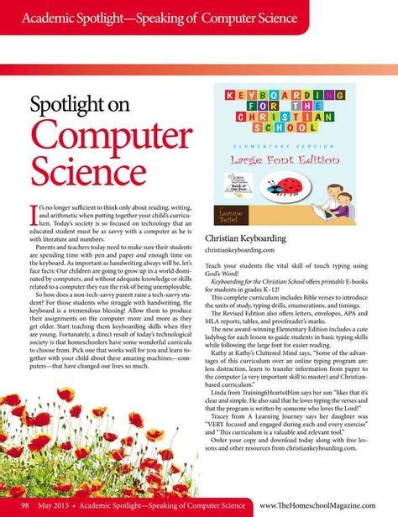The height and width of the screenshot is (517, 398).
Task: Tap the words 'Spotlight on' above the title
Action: pyautogui.click(x=77, y=104)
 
